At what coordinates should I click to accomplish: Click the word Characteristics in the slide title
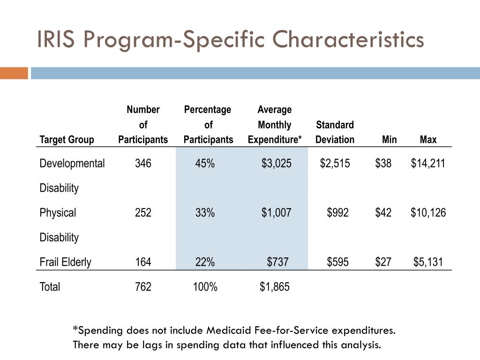coord(348,40)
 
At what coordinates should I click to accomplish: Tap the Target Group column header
coord(67,140)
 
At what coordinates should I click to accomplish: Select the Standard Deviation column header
coord(335,132)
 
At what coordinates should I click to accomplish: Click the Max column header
coord(428,140)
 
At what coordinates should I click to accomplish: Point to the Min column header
coord(389,140)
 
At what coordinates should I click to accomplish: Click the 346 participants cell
coord(143,164)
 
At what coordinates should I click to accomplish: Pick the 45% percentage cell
coord(205,164)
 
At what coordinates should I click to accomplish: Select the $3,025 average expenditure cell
coord(277,164)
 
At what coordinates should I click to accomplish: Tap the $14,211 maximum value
coord(428,164)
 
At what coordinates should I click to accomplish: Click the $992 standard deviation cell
coord(338,213)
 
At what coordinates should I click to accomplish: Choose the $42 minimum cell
coord(383,213)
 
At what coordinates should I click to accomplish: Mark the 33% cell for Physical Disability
coord(205,213)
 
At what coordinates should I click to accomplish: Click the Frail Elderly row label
coord(65,262)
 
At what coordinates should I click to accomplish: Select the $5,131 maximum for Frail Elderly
coord(428,262)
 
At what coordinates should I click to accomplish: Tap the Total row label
coord(50,287)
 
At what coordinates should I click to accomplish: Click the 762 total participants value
coord(143,287)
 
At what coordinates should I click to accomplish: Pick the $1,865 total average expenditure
coord(275,287)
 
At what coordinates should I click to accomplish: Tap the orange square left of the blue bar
coord(14,73)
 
